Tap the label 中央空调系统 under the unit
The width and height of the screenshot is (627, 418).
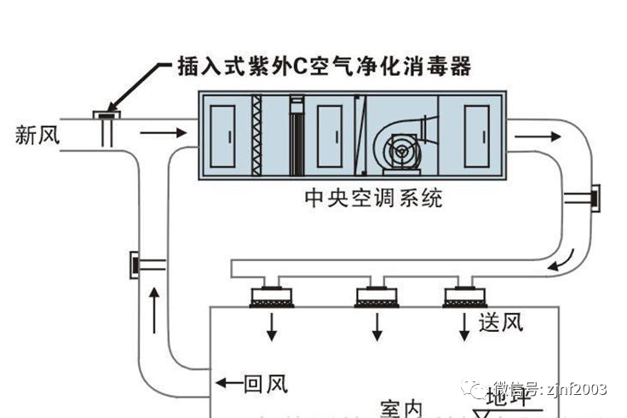coord(373,200)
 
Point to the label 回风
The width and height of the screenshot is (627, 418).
coord(265,384)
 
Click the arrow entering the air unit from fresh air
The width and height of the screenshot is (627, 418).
coord(162,134)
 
